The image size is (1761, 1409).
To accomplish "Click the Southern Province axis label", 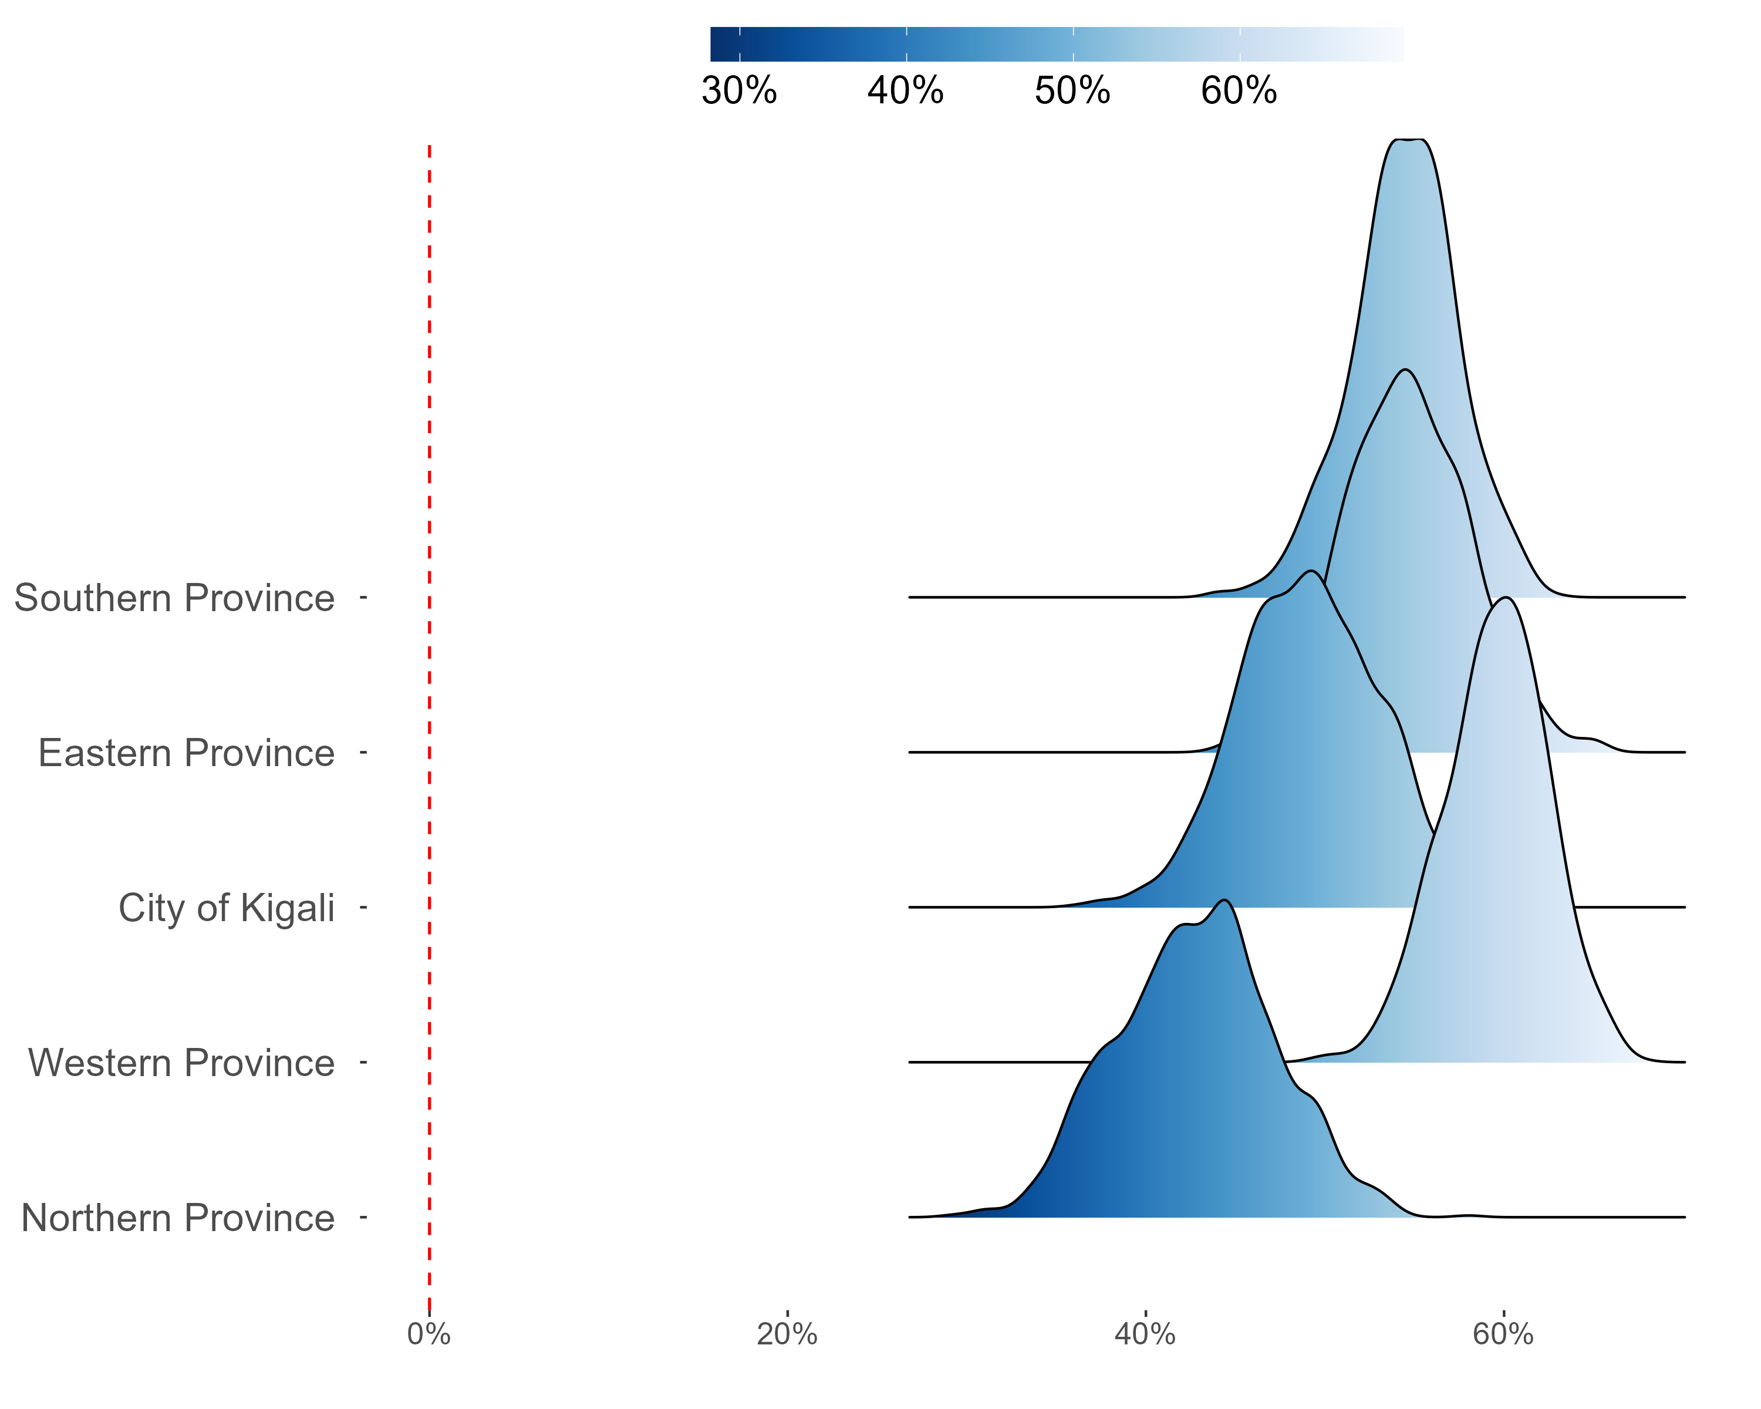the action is [174, 598].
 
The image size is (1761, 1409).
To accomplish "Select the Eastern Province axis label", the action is [186, 753].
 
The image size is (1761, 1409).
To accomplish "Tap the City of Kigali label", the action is [226, 908].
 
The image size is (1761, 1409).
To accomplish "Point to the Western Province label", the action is [181, 1063].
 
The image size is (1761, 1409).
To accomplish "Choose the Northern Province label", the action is [178, 1218].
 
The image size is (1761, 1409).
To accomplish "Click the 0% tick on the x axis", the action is [429, 1334].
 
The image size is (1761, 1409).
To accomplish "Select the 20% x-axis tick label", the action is [787, 1334].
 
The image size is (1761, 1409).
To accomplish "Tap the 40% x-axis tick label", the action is [1145, 1334].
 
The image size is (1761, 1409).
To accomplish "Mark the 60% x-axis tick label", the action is [1503, 1334].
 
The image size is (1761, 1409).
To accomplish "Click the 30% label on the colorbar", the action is [739, 90].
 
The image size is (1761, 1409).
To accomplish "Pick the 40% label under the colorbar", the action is [906, 90].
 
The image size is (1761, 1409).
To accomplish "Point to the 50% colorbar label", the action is [1072, 90].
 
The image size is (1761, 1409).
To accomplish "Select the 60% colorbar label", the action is [1239, 90].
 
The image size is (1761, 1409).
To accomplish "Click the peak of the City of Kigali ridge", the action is [1311, 571].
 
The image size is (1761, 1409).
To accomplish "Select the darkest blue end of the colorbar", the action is [714, 44].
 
